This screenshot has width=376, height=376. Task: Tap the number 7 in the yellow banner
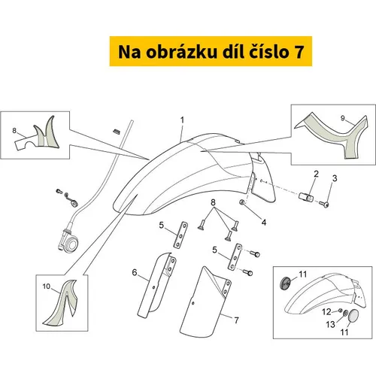(299, 52)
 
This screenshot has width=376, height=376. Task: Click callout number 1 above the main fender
(182, 120)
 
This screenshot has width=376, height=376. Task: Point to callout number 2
(316, 174)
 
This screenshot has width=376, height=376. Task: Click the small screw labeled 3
(324, 204)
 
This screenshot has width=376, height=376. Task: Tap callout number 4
(264, 223)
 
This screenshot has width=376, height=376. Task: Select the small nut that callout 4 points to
(242, 202)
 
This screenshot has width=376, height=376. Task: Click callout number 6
(135, 272)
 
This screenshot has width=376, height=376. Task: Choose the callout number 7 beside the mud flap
(236, 320)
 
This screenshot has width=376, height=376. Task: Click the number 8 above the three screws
(213, 202)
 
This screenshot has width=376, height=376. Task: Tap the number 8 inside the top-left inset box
(14, 130)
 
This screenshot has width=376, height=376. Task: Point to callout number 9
(343, 118)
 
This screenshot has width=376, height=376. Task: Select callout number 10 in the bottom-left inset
(47, 286)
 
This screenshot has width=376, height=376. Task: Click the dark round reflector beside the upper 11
(285, 283)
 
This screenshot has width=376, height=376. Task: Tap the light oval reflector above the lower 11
(353, 317)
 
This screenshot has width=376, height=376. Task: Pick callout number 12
(326, 311)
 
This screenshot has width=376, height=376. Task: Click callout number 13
(330, 324)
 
